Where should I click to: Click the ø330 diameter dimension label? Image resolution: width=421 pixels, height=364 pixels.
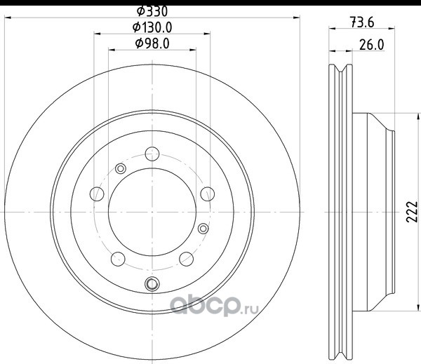(x=152, y=11)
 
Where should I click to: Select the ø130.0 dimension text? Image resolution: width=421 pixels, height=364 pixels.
(x=152, y=27)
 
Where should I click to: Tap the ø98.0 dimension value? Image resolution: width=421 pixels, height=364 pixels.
(x=152, y=43)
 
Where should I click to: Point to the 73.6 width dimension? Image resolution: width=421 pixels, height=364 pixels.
(x=362, y=22)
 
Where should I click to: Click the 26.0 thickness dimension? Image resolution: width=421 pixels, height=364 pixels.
(x=372, y=45)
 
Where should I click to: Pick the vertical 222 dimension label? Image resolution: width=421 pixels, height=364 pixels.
(x=412, y=212)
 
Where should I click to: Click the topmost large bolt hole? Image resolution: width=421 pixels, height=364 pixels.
(x=152, y=154)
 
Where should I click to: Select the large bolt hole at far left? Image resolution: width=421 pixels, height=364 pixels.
(x=97, y=194)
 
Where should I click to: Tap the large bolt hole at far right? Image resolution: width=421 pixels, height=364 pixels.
(x=208, y=194)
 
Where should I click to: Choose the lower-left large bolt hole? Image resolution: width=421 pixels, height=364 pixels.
(x=118, y=259)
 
